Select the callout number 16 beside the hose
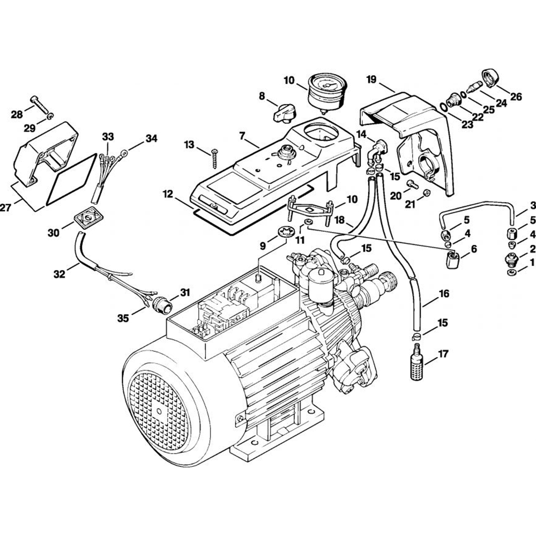tap(443, 294)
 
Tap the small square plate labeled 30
tap(87, 218)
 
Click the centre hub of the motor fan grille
tap(160, 411)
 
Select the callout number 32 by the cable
tap(59, 274)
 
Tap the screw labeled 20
tap(411, 184)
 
